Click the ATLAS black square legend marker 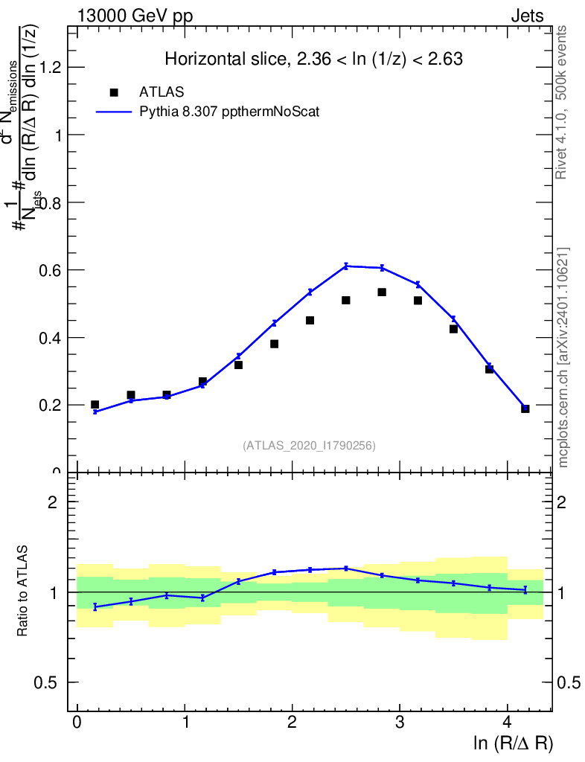click(114, 92)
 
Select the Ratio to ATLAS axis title click(24, 592)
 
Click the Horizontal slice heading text click(314, 60)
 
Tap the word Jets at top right click(527, 16)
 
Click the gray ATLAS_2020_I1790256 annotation click(309, 446)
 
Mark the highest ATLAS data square click(382, 292)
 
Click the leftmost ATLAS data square click(95, 405)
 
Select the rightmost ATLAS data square click(525, 409)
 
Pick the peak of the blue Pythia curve click(346, 266)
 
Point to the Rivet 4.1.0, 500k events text click(562, 102)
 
